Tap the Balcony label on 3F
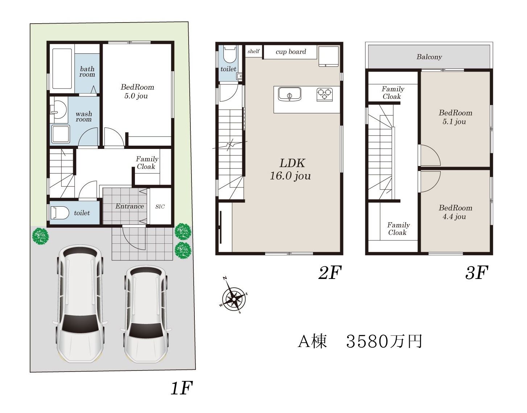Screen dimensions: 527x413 tap(429, 57)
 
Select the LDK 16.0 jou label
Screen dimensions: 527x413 tap(291, 169)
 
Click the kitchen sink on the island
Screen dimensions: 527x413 tap(289, 94)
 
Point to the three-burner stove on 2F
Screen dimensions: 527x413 tap(325, 94)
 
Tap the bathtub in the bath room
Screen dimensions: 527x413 tap(62, 69)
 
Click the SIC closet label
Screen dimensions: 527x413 tap(160, 207)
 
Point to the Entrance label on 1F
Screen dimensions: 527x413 tap(129, 206)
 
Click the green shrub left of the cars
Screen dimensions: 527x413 tap(41, 236)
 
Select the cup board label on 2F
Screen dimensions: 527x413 tap(291, 52)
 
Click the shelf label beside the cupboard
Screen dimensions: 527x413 tap(254, 51)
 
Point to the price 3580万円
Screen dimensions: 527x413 tap(384, 341)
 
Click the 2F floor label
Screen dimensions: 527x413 tap(330, 272)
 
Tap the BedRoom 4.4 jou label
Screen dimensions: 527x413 tap(455, 212)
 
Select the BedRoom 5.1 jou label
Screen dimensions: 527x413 tap(455, 117)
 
